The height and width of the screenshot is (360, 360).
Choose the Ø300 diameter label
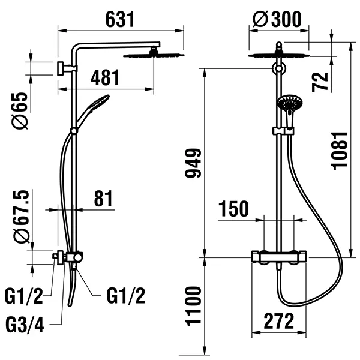(278, 20)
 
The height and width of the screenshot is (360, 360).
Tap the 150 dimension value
(233, 209)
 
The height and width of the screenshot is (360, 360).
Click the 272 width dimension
(278, 322)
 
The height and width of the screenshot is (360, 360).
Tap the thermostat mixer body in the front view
(278, 257)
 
